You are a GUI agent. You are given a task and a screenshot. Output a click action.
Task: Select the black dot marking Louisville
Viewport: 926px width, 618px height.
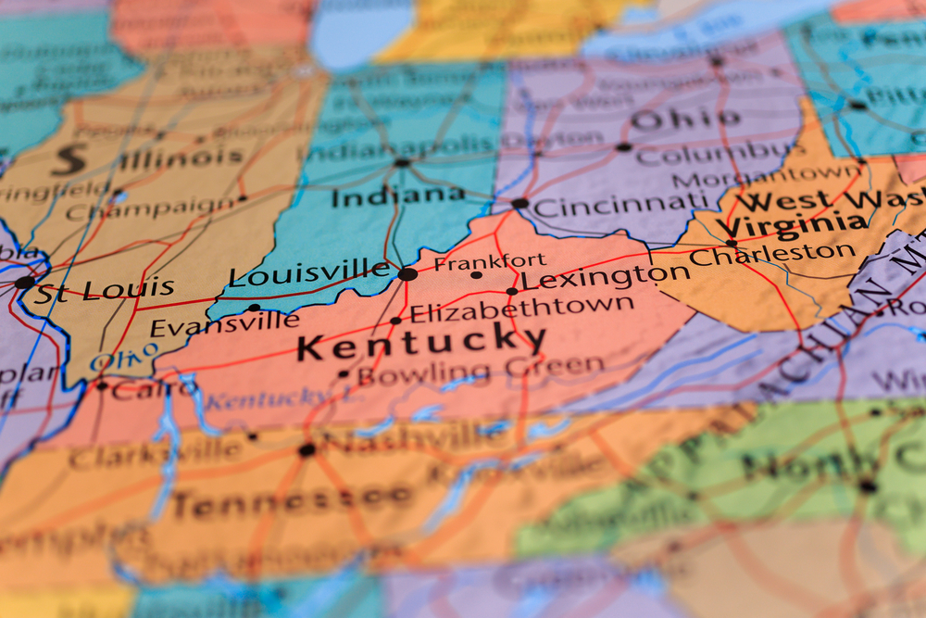[407, 274]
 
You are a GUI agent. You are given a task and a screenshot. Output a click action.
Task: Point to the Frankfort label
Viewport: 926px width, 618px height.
[490, 262]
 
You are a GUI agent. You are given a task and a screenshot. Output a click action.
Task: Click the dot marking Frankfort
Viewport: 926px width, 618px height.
[476, 275]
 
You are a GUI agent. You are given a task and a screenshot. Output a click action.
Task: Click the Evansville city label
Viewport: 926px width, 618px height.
[224, 324]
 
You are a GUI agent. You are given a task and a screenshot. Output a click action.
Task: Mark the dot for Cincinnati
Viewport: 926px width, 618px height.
[520, 203]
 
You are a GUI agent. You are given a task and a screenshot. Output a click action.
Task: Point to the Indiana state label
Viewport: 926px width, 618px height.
[398, 195]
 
